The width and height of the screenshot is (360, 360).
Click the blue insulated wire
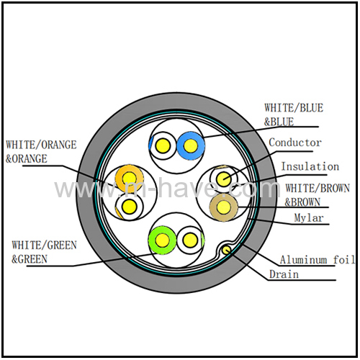pyautogui.click(x=191, y=145)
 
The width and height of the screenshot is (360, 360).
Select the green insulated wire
pyautogui.click(x=163, y=240)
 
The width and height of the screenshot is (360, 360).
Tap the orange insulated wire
pyautogui.click(x=130, y=179)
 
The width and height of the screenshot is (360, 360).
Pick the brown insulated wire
pyautogui.click(x=223, y=207)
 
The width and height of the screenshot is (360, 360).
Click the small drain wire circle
pyautogui.click(x=226, y=251)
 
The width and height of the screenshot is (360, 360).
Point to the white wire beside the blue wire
pyautogui.click(x=163, y=145)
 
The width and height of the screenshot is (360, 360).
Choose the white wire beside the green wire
pyautogui.click(x=190, y=240)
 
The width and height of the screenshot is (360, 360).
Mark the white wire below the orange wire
pyautogui.click(x=130, y=207)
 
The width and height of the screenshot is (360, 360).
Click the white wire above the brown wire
pyautogui.click(x=223, y=179)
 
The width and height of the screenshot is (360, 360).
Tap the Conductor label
pyautogui.click(x=295, y=143)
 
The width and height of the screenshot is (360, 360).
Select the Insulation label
pyautogui.click(x=310, y=166)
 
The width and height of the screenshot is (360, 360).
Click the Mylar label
pyautogui.click(x=309, y=218)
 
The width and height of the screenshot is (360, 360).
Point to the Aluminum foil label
pyautogui.click(x=318, y=260)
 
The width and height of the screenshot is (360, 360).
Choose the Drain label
pyautogui.click(x=284, y=274)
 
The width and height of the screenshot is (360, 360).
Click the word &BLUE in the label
pyautogui.click(x=279, y=122)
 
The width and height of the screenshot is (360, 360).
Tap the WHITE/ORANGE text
pyautogui.click(x=41, y=145)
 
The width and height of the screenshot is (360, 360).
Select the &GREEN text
pyautogui.click(x=30, y=259)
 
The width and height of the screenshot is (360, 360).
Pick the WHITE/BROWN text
pyautogui.click(x=318, y=188)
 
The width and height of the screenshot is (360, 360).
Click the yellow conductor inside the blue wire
pyautogui.click(x=191, y=145)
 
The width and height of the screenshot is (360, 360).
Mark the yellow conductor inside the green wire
pyautogui.click(x=163, y=240)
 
